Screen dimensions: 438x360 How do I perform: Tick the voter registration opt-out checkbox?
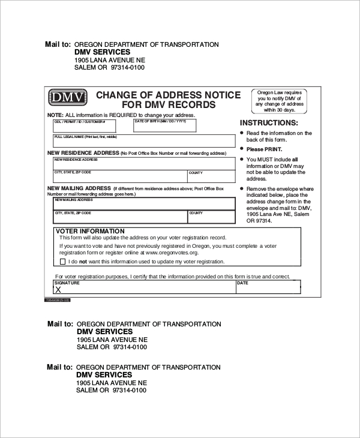pyautogui.click(x=63, y=262)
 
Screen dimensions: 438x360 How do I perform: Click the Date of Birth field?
pyautogui.click(x=164, y=125)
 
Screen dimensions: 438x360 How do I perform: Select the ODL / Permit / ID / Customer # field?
pyautogui.click(x=84, y=125)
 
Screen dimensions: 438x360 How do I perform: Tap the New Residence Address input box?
pyautogui.click(x=144, y=164)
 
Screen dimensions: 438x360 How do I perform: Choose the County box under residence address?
pyautogui.click(x=211, y=176)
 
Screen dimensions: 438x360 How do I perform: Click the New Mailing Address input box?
pyautogui.click(x=144, y=204)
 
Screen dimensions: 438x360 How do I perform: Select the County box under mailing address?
pyautogui.click(x=211, y=217)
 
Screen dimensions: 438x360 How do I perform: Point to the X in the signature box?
pyautogui.click(x=59, y=289)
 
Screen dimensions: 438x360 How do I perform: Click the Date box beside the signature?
pyautogui.click(x=268, y=287)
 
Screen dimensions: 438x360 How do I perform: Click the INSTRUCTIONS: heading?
pyautogui.click(x=269, y=122)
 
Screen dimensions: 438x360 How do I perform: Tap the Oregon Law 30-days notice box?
pyautogui.click(x=280, y=101)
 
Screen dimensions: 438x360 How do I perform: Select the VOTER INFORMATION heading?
pyautogui.click(x=90, y=231)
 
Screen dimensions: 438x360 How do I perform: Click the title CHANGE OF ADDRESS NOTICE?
pyautogui.click(x=169, y=95)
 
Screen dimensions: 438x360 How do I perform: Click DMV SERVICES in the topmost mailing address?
pyautogui.click(x=102, y=52)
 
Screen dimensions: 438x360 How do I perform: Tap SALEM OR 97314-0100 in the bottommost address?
pyautogui.click(x=111, y=390)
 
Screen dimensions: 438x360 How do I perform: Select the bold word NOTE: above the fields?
pyautogui.click(x=55, y=115)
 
